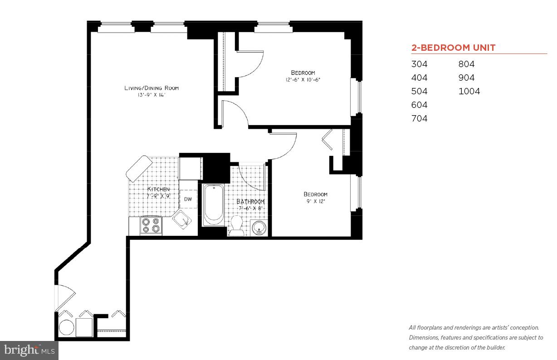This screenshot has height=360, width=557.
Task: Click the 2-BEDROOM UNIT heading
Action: coord(453,48)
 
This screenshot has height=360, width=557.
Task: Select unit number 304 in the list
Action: coord(419,64)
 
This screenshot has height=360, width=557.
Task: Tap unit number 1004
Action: coord(469,92)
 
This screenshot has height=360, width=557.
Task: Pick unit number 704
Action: coord(419,119)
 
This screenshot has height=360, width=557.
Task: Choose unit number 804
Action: coord(466,64)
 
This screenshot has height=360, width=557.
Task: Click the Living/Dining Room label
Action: coord(151,88)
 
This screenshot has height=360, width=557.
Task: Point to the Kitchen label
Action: coord(158,189)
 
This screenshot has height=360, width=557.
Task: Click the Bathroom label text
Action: coord(250,202)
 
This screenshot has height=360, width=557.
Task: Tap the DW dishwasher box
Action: coord(188,199)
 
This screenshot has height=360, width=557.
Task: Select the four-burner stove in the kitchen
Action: coord(151,225)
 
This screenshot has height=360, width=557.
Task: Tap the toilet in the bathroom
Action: coord(236,225)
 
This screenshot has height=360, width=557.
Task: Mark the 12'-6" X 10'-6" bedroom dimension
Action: coord(303,80)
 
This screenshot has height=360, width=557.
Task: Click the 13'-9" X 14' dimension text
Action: coord(151,95)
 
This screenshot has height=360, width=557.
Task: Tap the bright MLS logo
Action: coord(29,350)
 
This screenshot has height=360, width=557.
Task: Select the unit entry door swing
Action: coord(64,297)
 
